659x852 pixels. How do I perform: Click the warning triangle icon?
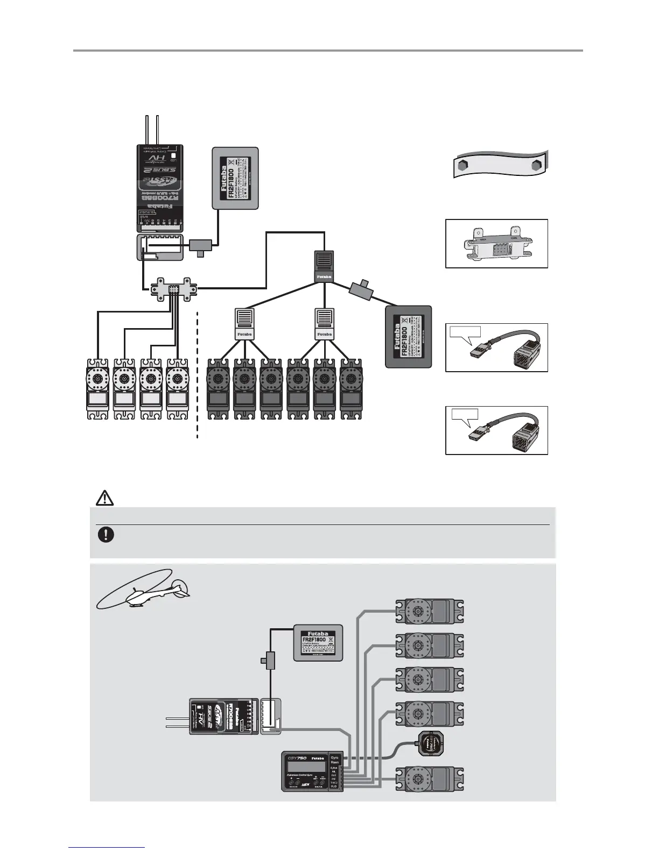[x=104, y=498]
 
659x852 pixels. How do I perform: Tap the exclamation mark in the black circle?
[x=106, y=535]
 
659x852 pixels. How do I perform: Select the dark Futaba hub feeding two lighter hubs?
[x=324, y=266]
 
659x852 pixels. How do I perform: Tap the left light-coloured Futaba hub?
[x=244, y=324]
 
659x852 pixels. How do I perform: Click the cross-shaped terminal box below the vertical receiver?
[x=173, y=289]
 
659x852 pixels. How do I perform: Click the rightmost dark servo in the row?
[x=350, y=389]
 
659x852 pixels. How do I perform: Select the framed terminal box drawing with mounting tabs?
[x=496, y=244]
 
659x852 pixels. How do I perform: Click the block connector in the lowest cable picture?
[x=522, y=435]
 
